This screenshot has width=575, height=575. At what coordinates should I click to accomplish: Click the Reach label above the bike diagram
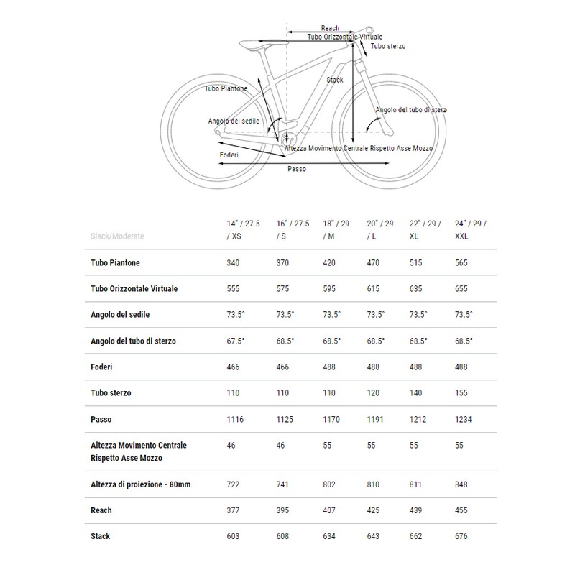(330, 28)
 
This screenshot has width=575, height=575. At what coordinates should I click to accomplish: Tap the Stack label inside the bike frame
(335, 80)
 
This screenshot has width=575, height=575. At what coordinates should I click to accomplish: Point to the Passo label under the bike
(296, 170)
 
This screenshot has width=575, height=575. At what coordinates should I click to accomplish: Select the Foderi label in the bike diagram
(229, 155)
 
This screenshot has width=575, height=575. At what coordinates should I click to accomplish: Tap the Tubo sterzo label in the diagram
(387, 46)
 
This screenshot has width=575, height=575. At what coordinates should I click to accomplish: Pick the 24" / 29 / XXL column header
(471, 230)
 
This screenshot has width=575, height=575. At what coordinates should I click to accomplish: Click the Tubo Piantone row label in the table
(121, 263)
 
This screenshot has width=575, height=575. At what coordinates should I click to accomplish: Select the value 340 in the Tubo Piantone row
(234, 263)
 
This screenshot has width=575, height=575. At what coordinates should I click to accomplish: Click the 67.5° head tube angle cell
(236, 341)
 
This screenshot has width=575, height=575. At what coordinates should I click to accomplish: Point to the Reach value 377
(234, 510)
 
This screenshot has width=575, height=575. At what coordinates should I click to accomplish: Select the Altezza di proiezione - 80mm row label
(141, 484)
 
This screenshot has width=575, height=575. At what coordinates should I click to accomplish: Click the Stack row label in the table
(101, 536)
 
